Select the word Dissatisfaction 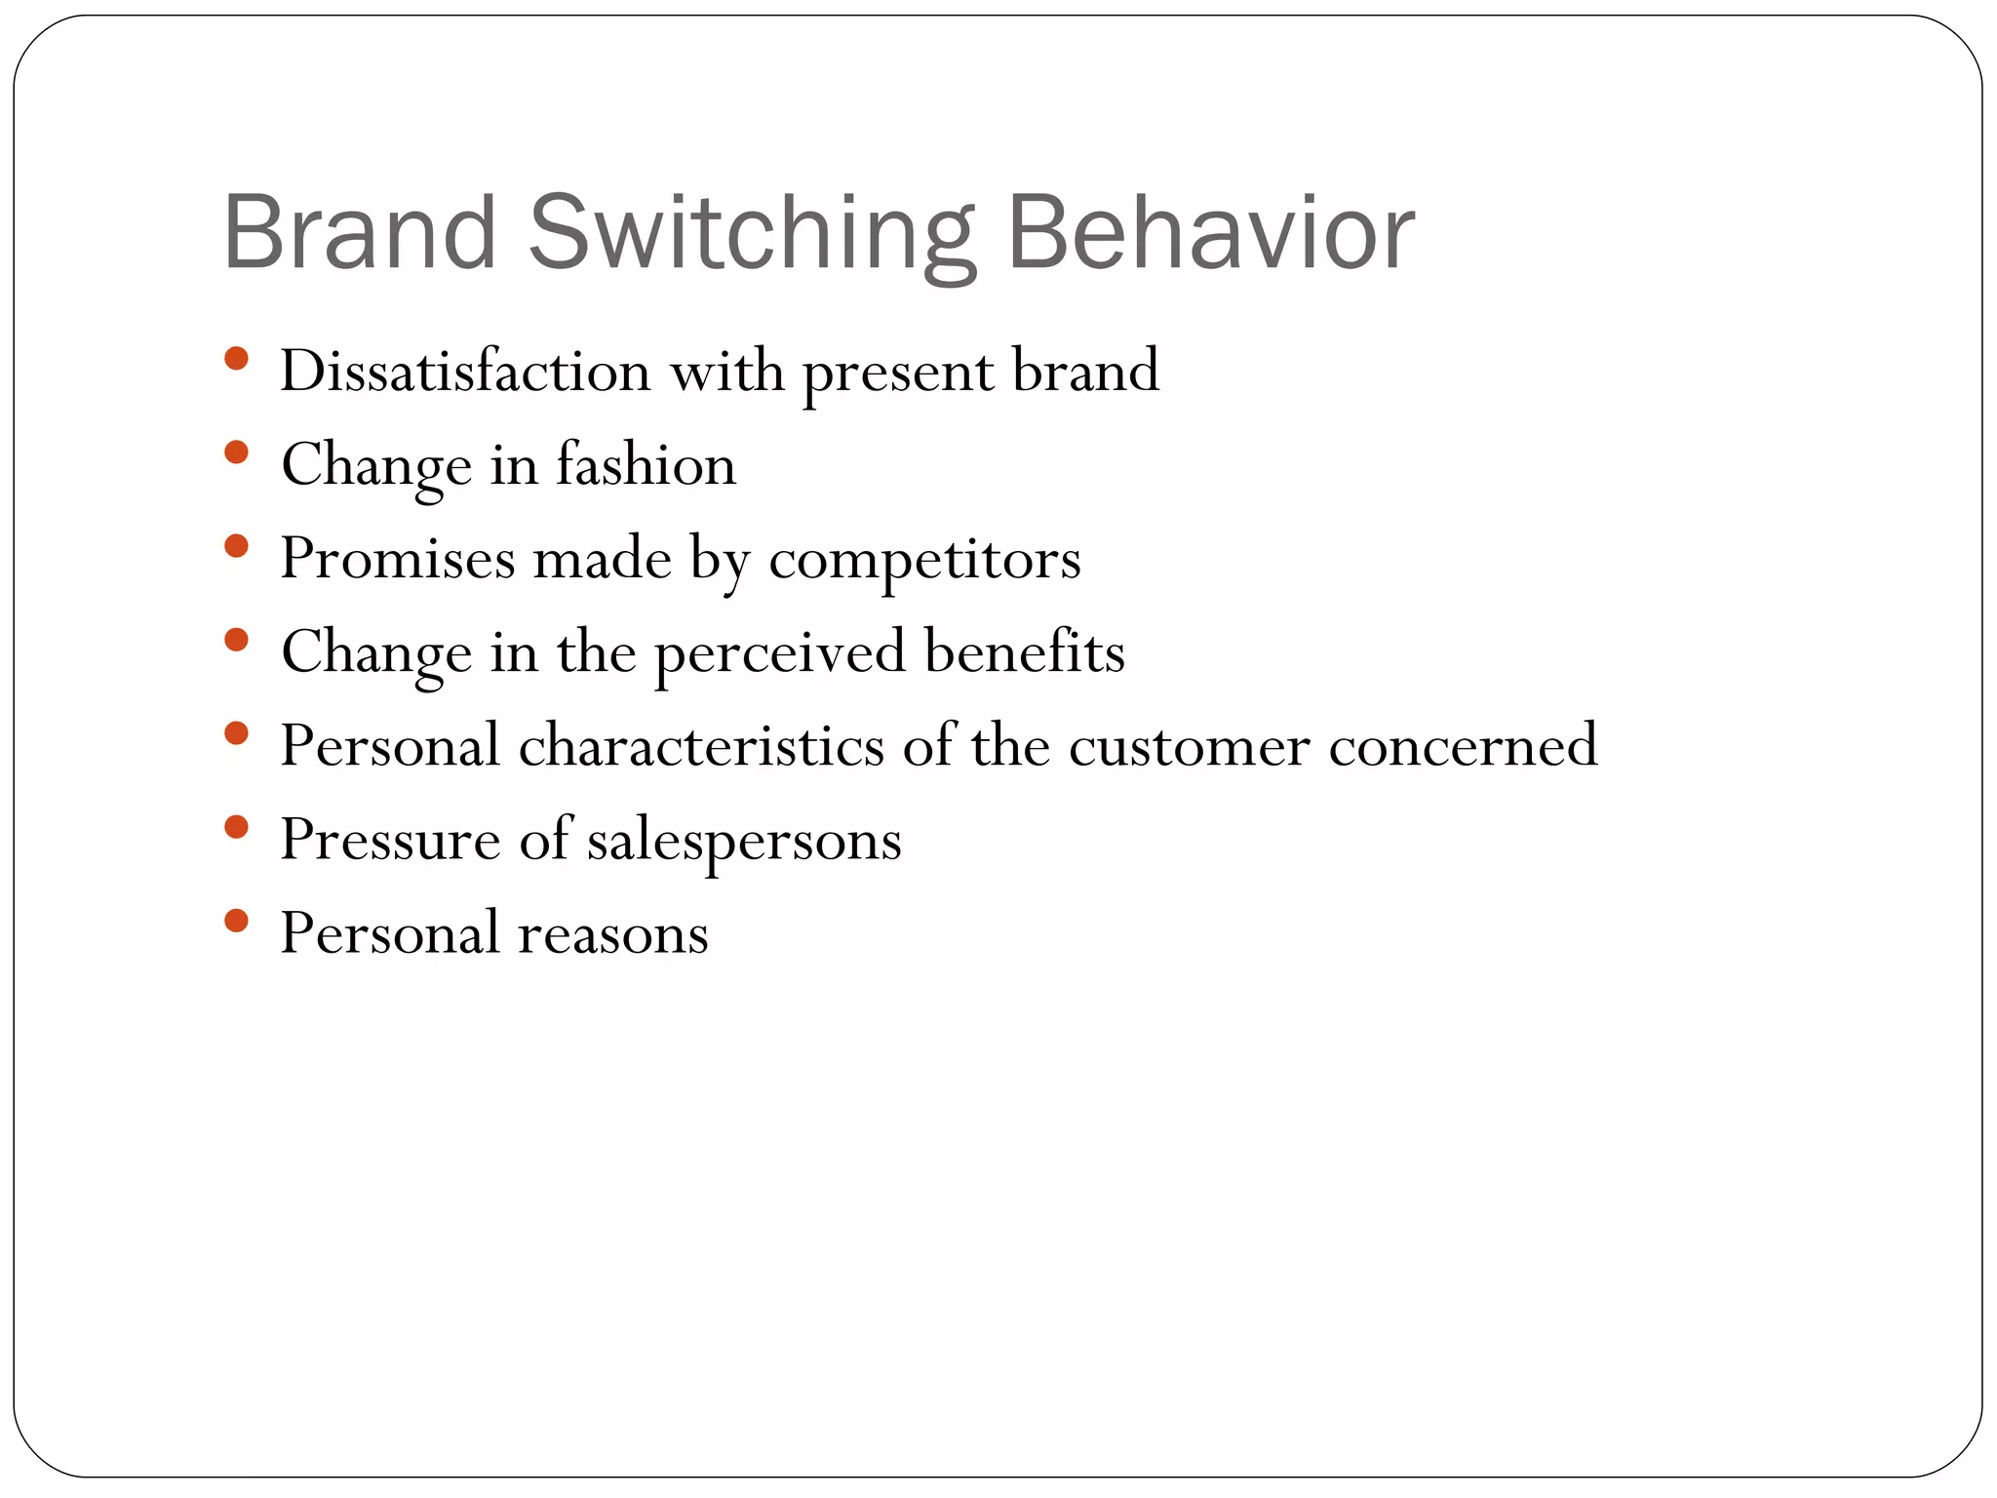point(465,371)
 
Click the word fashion point(646,464)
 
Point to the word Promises point(397,558)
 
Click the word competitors point(924,560)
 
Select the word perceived point(779,652)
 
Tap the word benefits point(1024,651)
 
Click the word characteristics point(701,746)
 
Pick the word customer point(1189,747)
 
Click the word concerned point(1463,747)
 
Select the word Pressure point(390,839)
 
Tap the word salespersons point(744,841)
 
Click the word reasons point(613,934)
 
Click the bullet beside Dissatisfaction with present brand point(236,358)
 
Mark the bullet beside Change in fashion point(236,452)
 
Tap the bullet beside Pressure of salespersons point(236,827)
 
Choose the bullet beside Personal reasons point(236,921)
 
